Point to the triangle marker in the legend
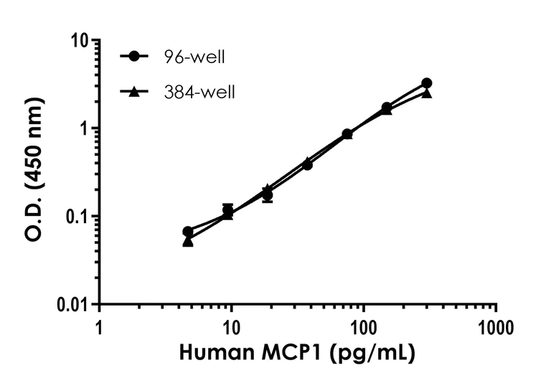coord(134,91)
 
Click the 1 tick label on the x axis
coord(99,328)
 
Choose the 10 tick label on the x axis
coord(231,328)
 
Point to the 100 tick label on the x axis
coord(364,328)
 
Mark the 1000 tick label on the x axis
coord(496,328)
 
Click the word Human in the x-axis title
coord(212,353)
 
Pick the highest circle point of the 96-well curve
coord(427,83)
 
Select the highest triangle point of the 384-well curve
coord(427,93)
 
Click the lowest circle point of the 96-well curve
coord(188,232)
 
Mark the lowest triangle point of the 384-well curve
coord(188,242)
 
